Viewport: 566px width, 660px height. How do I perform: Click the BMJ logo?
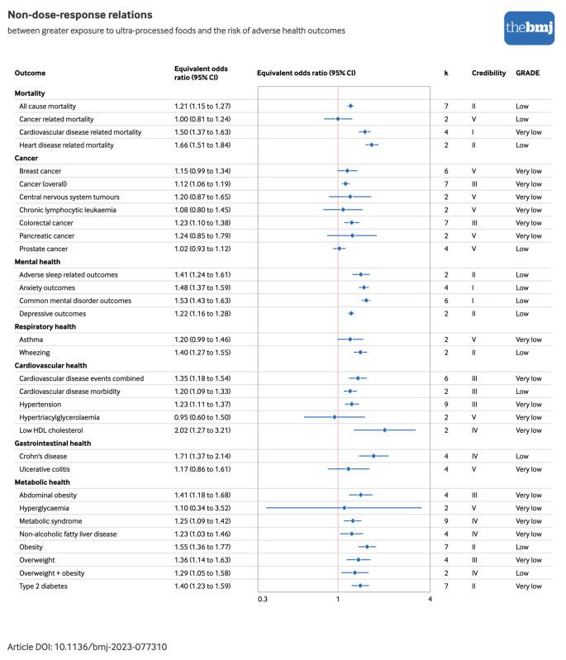(x=524, y=29)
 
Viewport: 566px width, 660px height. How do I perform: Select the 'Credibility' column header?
(x=488, y=73)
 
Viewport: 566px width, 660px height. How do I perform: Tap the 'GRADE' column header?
(x=527, y=73)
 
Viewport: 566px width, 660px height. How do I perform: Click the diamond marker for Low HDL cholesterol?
(x=384, y=430)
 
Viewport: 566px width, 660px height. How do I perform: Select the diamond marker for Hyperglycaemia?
(x=345, y=508)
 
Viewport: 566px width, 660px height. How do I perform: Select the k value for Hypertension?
(x=446, y=404)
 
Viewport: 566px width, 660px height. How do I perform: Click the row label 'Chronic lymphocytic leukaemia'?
(x=68, y=210)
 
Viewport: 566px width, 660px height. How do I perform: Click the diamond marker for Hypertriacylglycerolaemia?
(x=335, y=417)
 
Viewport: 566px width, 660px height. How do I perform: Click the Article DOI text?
(x=87, y=645)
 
